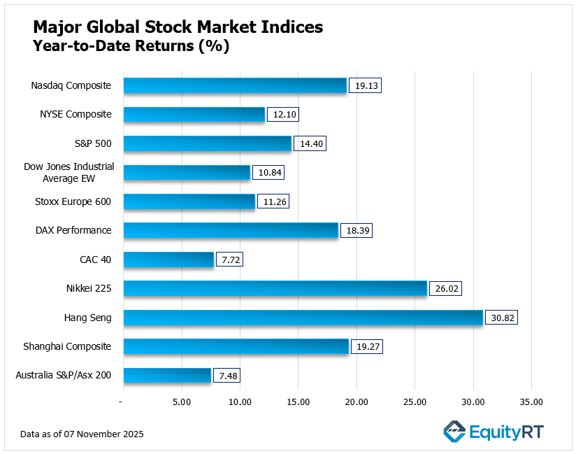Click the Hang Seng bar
pos(303,318)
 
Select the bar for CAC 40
pos(168,260)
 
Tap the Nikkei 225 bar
pos(275,288)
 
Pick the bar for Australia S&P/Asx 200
pos(167,376)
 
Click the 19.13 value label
pos(365,85)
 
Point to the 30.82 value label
pos(501,318)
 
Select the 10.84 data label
pos(268,173)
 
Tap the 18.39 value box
pos(356,231)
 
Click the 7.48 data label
pos(227,376)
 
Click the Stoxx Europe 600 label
pos(74,201)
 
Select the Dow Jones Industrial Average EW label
pos(69,173)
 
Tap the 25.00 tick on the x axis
pos(415,402)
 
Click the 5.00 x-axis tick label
pos(182,402)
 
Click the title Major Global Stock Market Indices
pos(178,27)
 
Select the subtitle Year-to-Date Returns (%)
pos(131,47)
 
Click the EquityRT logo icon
pos(455,432)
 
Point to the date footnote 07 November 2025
pos(82,434)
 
